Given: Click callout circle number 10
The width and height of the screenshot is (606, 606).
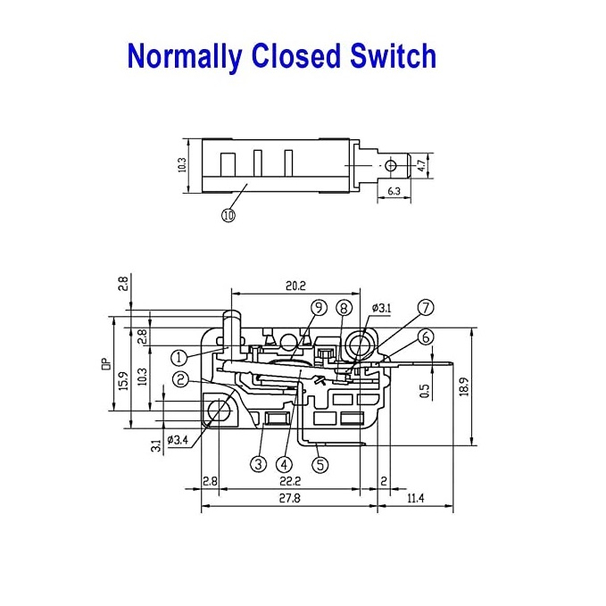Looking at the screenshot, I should [x=228, y=215].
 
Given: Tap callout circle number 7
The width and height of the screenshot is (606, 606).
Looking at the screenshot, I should [x=426, y=308].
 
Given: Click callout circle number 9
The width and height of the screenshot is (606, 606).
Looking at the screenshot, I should [x=318, y=308].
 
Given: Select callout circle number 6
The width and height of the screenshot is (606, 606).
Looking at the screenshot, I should [x=426, y=336].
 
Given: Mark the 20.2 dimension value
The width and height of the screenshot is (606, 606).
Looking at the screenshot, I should [x=295, y=286].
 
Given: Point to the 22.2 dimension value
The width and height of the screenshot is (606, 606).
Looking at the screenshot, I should [x=289, y=481].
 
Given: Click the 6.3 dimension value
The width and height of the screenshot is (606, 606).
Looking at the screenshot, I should [x=394, y=189].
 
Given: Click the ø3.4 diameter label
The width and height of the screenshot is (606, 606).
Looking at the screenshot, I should [x=178, y=439].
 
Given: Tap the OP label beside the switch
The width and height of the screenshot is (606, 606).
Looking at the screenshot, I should [x=104, y=364].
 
